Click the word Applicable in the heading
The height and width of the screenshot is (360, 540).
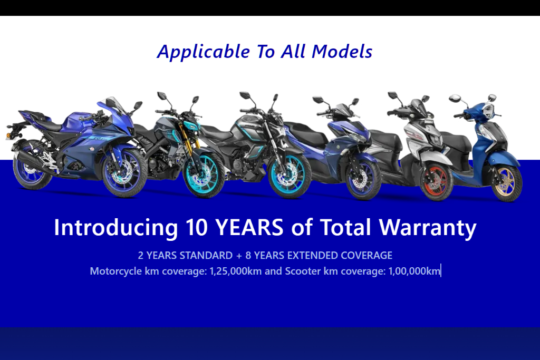204,52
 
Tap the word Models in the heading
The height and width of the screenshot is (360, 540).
342,52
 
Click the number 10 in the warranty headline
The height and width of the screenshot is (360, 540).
196,227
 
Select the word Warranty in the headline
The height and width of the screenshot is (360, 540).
428,228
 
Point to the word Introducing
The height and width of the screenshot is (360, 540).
115,228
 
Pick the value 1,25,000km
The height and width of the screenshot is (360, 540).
236,271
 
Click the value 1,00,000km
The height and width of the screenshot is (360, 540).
414,271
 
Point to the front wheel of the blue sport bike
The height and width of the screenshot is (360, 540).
124,172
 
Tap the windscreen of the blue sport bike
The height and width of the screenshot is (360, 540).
117,104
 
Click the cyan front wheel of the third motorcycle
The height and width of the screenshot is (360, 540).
290,176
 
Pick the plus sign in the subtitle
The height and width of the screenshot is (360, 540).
239,256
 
